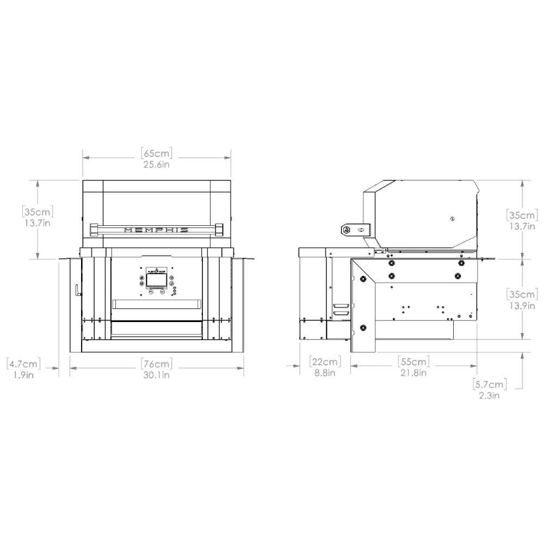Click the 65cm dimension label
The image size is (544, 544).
coord(157,152)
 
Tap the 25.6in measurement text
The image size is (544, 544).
coord(157,164)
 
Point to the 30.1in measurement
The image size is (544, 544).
coord(157,375)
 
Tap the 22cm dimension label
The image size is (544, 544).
coord(325,361)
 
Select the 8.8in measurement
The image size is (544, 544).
coord(325,374)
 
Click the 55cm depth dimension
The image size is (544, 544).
coord(414,361)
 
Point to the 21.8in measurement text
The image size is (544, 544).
coord(414,374)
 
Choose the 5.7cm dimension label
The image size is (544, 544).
coord(490,384)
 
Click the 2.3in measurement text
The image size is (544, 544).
coord(490,396)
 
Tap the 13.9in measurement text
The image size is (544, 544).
coord(522,306)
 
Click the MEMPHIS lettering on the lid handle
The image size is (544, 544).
coord(157,230)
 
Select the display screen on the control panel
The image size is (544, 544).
coord(157,280)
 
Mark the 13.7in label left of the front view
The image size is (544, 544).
coord(36,222)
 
